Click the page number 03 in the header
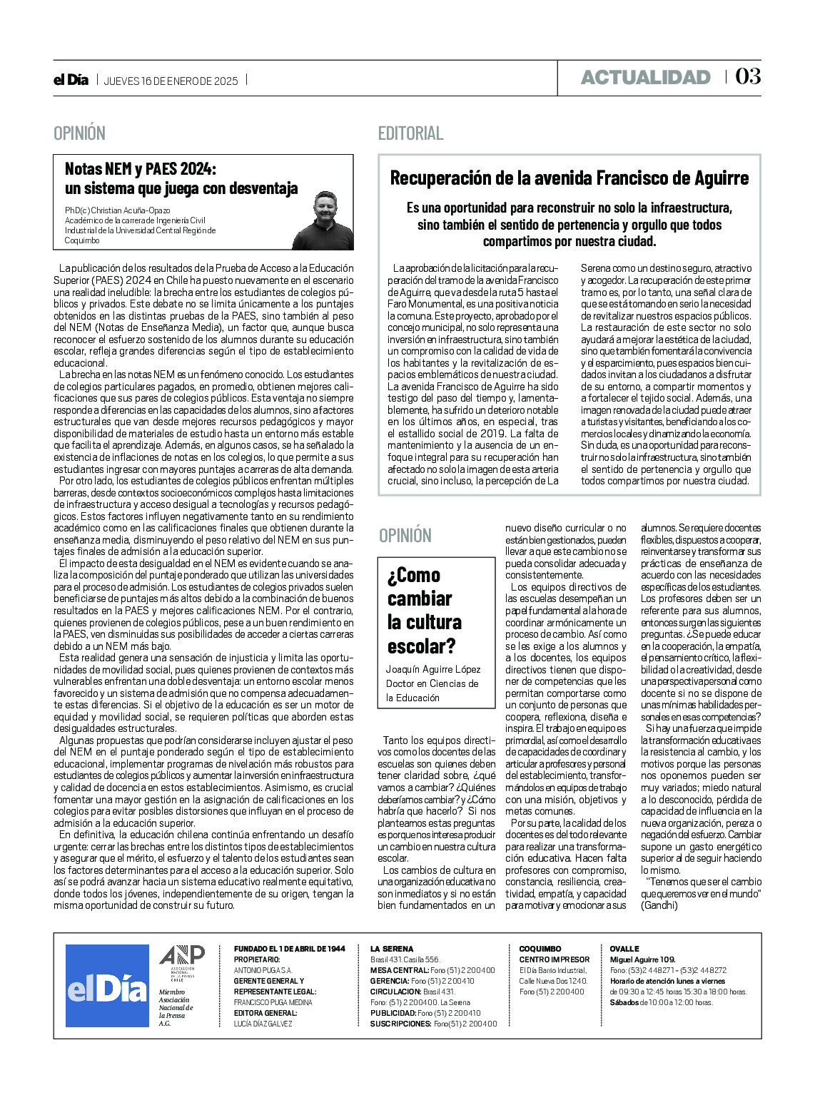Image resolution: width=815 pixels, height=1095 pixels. (x=748, y=77)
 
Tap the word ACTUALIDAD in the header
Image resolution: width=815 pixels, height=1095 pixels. (x=645, y=78)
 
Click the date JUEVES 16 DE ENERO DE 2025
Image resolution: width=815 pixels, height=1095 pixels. (x=171, y=81)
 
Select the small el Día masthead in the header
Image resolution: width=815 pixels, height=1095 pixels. (x=71, y=80)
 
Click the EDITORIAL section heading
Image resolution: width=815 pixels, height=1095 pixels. (x=410, y=133)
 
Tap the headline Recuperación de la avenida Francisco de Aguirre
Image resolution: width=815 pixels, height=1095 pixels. (x=569, y=178)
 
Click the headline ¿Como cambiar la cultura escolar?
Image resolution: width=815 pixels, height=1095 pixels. (x=424, y=610)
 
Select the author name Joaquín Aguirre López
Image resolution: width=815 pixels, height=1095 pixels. (x=433, y=669)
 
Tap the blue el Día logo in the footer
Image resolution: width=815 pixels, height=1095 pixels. (x=107, y=986)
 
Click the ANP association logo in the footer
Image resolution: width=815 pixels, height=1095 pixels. (x=181, y=959)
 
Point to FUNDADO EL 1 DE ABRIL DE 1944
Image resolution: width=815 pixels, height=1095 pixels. (x=289, y=949)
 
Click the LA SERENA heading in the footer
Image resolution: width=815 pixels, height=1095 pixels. (x=392, y=949)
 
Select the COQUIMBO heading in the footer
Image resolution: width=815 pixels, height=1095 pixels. (x=540, y=949)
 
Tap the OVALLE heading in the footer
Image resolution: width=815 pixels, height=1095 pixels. (x=624, y=949)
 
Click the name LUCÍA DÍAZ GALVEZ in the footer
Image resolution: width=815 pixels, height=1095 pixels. (x=263, y=1024)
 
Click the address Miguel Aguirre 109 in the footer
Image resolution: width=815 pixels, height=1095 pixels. (x=642, y=959)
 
